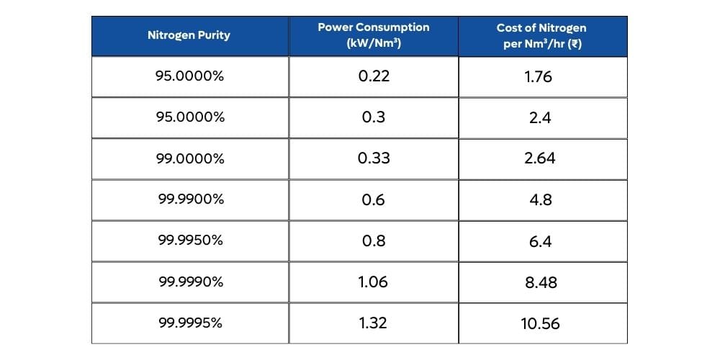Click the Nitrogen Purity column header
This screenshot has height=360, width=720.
click(189, 35)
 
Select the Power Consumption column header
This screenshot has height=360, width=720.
click(373, 35)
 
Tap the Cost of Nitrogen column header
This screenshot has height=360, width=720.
click(541, 35)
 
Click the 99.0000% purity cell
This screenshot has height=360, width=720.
click(190, 158)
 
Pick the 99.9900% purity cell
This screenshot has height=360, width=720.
click(190, 199)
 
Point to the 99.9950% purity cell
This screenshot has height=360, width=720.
click(190, 240)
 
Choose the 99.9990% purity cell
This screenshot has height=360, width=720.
click(190, 282)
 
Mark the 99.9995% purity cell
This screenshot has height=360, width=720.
click(190, 323)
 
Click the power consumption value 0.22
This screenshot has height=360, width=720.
click(373, 76)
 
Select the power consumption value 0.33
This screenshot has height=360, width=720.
click(373, 158)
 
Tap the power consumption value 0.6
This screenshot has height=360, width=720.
click(373, 199)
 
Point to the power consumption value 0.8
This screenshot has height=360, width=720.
click(373, 240)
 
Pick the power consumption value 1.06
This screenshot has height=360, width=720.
click(373, 282)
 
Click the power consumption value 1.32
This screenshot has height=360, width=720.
click(373, 323)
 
